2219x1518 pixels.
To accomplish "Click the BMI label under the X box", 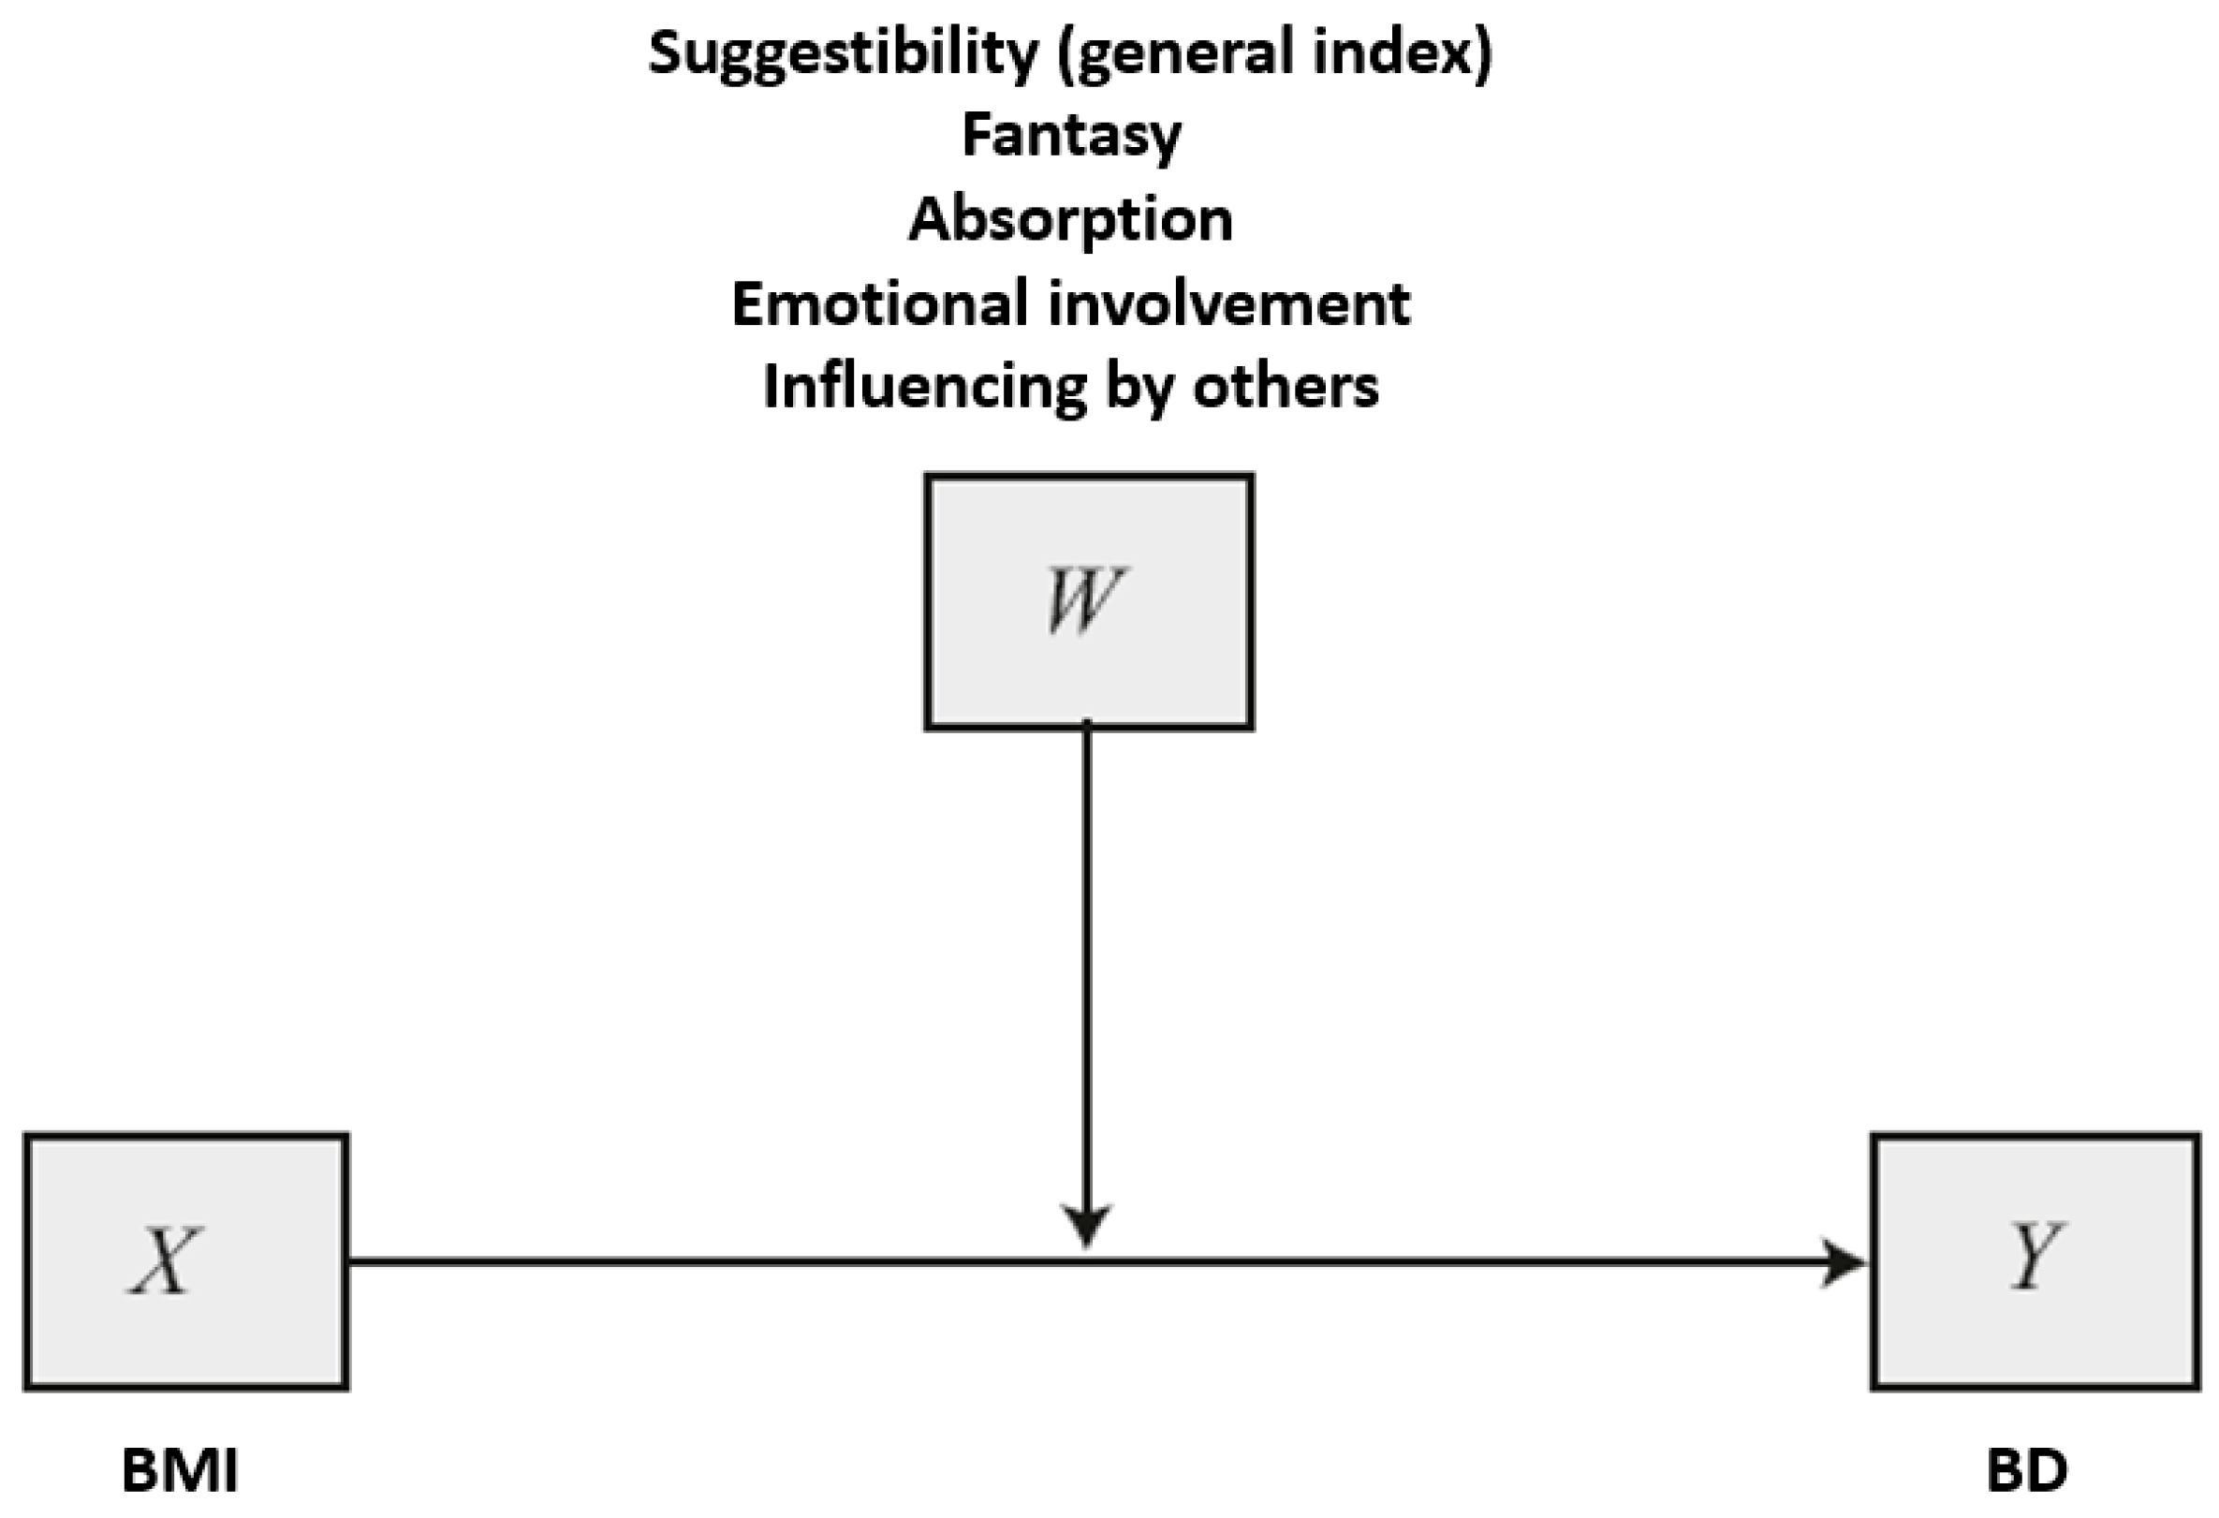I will tap(180, 1471).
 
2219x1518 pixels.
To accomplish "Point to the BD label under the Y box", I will tap(2026, 1471).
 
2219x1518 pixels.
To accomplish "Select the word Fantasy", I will tap(1071, 136).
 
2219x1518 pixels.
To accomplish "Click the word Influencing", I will tap(925, 387).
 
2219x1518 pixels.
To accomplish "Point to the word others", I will tap(1286, 387).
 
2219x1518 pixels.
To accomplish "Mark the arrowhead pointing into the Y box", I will tap(1843, 1262).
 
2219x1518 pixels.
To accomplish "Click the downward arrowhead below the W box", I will tap(1087, 1225).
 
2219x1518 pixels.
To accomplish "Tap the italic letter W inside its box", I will tap(1082, 599).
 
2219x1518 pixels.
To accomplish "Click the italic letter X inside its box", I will tap(164, 1260).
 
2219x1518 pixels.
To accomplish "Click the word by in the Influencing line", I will tap(1140, 388).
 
